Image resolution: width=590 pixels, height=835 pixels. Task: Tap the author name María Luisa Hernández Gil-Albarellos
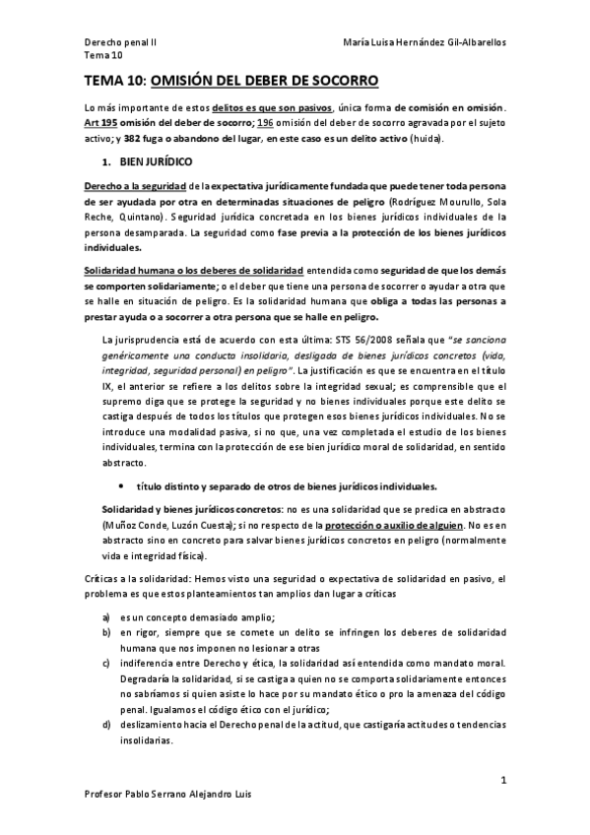coord(426,43)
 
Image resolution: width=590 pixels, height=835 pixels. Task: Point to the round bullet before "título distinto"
coord(121,486)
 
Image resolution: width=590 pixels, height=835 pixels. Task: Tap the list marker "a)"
coord(105,616)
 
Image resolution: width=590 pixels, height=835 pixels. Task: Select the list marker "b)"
coord(105,633)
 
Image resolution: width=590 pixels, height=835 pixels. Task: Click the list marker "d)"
coord(105,725)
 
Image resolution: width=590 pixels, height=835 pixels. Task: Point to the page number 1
coord(502,781)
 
